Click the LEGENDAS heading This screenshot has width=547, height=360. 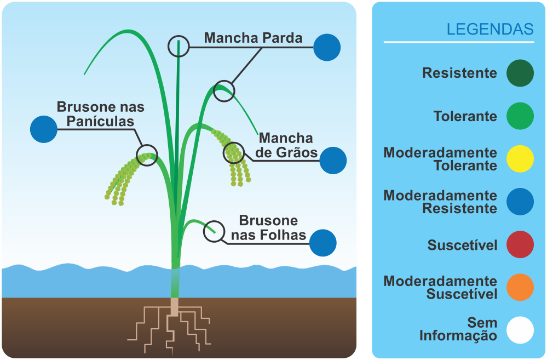pos(490,29)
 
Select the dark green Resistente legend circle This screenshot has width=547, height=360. pos(520,73)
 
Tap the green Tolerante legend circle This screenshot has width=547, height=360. pos(520,116)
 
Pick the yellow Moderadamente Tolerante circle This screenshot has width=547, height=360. pos(520,159)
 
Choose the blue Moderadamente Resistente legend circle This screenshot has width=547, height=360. pos(520,202)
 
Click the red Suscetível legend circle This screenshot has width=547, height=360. pos(520,244)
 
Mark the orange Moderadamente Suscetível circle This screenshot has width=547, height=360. pos(520,287)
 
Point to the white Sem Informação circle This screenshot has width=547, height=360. pos(520,330)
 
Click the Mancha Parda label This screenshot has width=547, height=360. pos(253,38)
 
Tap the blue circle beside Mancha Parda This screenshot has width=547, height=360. pos(327,48)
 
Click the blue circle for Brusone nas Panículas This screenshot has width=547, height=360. pos(44,129)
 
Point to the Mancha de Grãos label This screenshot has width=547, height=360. pos(286,145)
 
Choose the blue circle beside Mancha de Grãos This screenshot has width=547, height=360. pos(333,161)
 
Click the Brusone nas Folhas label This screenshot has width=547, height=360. pos(268,228)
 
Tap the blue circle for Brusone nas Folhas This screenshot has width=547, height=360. pos(323,243)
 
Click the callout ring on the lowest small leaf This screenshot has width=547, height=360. pos(214,232)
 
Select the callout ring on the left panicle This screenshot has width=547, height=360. pos(147,155)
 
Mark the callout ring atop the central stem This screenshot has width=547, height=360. pos(179,47)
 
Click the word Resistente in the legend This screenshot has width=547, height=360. pos(459,73)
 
